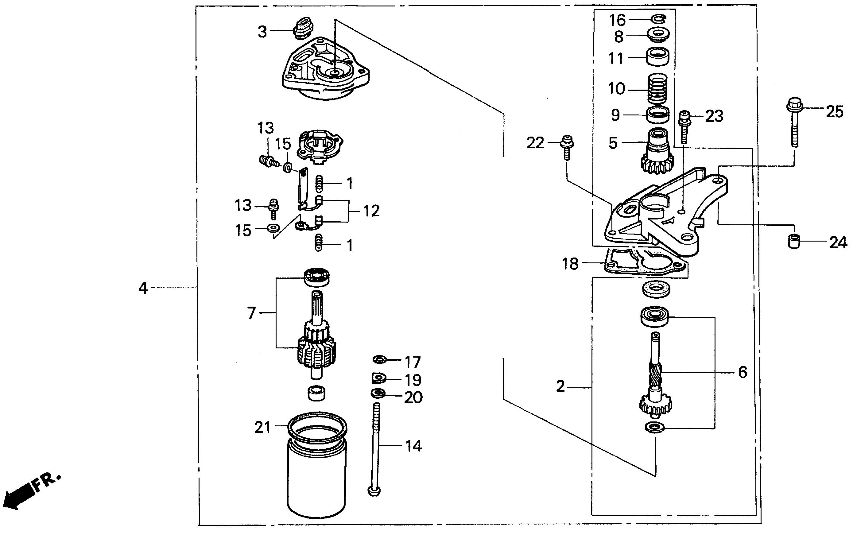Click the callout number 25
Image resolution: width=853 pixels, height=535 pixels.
pyautogui.click(x=835, y=112)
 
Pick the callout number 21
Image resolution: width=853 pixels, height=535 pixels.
pyautogui.click(x=262, y=428)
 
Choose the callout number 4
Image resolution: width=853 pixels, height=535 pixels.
pyautogui.click(x=143, y=288)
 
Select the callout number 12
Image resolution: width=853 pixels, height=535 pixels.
pyautogui.click(x=371, y=211)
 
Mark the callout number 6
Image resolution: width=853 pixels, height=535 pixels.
pyautogui.click(x=742, y=372)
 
